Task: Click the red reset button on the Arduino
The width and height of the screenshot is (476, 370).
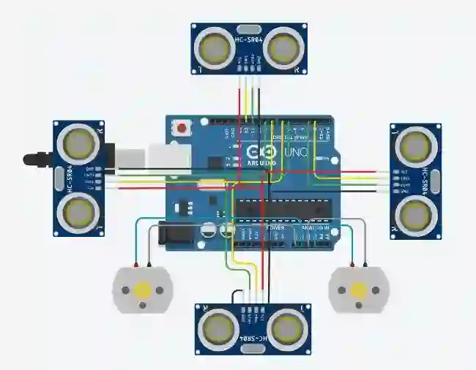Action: coord(181,129)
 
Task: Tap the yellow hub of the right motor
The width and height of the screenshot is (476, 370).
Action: coord(359,290)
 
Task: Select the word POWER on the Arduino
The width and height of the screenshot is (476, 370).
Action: coord(277,228)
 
